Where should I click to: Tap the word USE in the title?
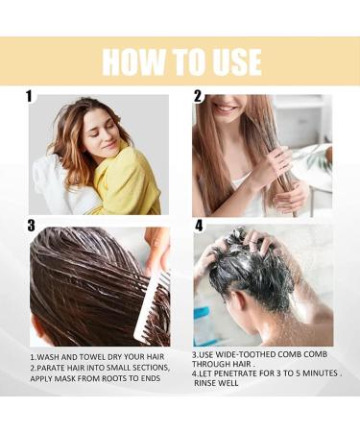coord(229,61)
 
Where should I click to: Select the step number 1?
coord(30,96)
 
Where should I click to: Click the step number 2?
coord(198,96)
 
